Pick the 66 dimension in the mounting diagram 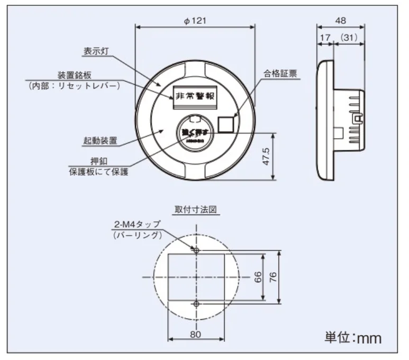click(258, 277)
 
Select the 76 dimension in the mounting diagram click(273, 277)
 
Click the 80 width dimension click(195, 334)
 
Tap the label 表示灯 click(95, 51)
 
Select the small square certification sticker click(228, 123)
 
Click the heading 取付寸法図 click(196, 209)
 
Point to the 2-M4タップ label click(136, 224)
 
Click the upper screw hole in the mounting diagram click(196, 250)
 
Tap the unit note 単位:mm click(352, 337)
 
